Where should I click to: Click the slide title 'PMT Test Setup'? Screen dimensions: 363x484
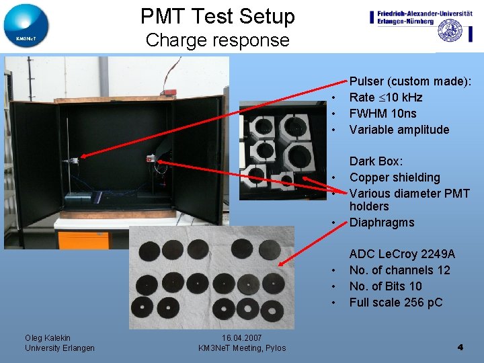217,16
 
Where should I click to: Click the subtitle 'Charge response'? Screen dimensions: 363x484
217,40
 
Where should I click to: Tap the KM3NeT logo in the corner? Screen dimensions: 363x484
26,26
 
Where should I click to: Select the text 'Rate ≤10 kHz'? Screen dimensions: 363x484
386,97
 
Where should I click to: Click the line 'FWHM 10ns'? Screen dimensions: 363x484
382,114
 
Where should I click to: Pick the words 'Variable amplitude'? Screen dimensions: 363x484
399,130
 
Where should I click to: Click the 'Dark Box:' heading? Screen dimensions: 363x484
376,161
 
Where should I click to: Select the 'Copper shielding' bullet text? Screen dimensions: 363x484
395,177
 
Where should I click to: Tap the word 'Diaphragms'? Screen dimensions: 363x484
381,223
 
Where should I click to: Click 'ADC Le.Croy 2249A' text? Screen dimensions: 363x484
402,254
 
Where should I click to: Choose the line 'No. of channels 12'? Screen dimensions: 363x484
399,270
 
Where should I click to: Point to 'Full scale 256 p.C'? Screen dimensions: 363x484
396,302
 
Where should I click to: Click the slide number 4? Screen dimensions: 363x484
460,348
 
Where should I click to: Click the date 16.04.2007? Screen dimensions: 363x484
241,337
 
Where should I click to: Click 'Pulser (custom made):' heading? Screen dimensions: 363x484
410,81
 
